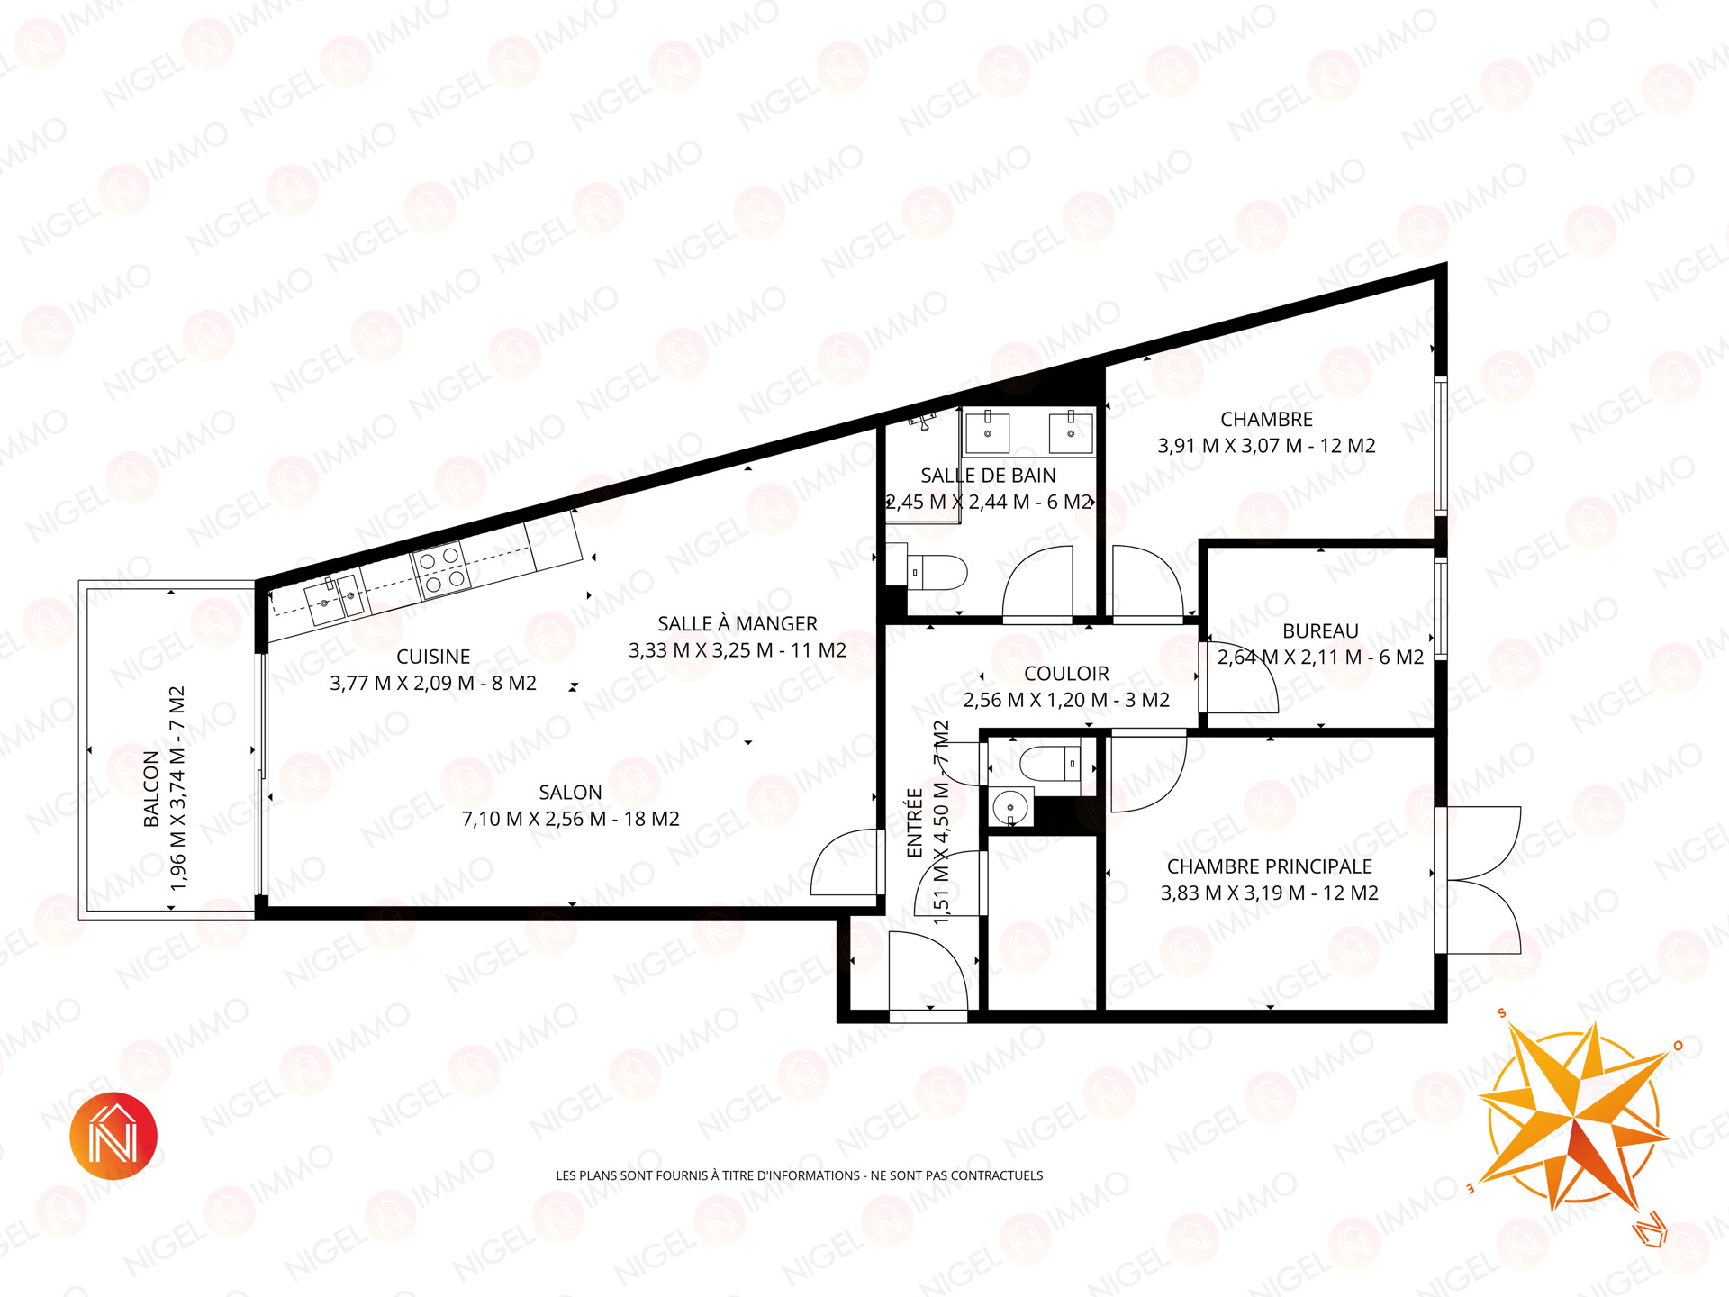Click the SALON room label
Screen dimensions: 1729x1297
click(x=570, y=793)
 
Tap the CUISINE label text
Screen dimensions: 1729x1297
click(x=433, y=658)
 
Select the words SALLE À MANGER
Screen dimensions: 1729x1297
click(x=738, y=623)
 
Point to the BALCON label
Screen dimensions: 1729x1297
click(x=151, y=789)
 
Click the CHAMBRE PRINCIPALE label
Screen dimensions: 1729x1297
click(x=1270, y=866)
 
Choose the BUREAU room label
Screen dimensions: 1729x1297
click(x=1320, y=631)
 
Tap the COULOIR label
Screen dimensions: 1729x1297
click(x=1066, y=674)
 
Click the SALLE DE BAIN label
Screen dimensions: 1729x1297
click(x=988, y=476)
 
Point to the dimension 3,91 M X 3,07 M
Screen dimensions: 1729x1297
click(x=1234, y=446)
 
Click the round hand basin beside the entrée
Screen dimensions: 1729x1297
click(x=1010, y=808)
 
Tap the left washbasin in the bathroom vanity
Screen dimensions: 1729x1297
click(x=987, y=431)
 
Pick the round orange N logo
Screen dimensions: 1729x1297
click(x=113, y=1136)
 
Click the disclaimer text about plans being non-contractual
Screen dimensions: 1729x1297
click(x=800, y=1175)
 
